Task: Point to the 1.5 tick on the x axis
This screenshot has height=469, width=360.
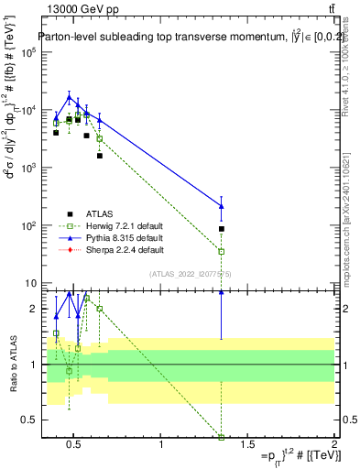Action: point(248,448)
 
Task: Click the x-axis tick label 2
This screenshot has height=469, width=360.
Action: point(334,448)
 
